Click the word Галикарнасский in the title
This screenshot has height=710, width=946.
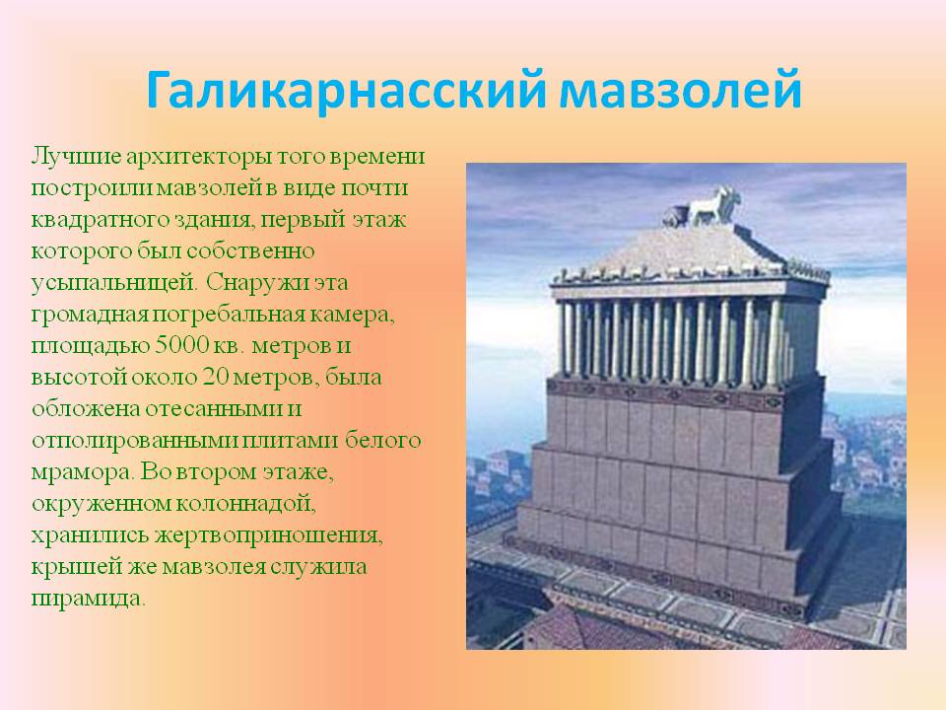tap(345, 90)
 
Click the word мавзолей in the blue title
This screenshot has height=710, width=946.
tap(680, 90)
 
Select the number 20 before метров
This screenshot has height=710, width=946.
tap(216, 378)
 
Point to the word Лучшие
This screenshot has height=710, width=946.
tap(76, 157)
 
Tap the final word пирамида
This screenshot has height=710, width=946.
tap(88, 599)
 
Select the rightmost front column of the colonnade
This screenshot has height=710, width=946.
tap(775, 341)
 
